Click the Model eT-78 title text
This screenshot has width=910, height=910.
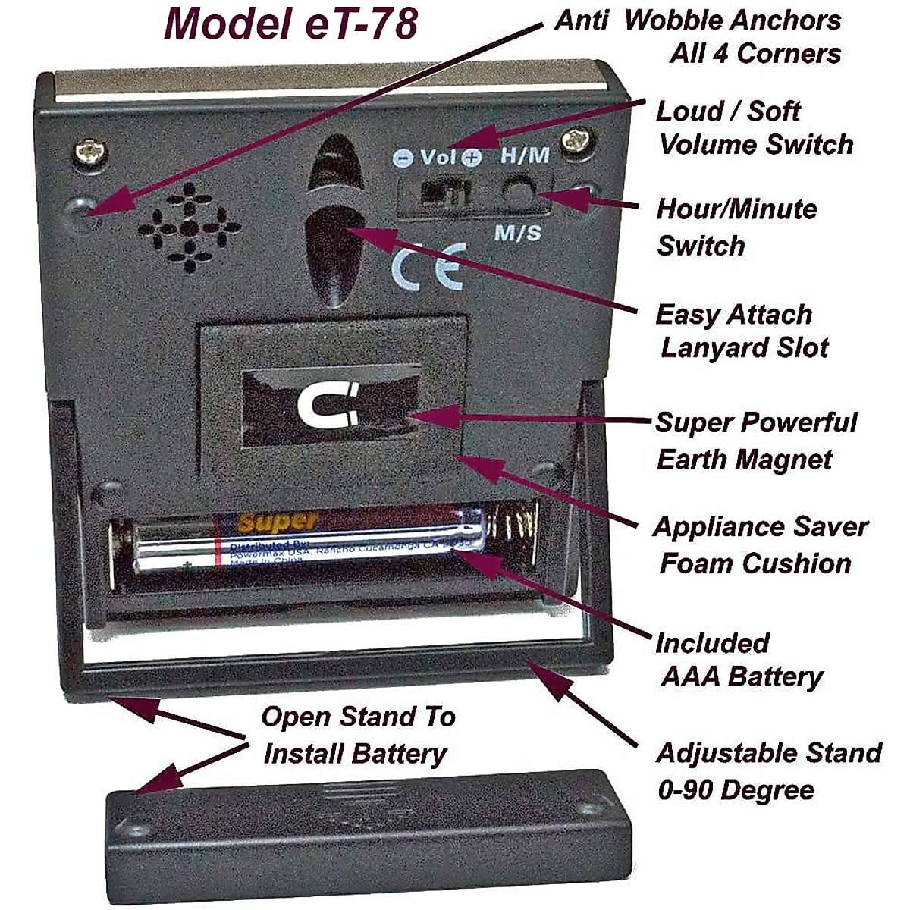click(290, 24)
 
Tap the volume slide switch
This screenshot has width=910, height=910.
click(444, 193)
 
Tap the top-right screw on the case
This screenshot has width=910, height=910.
click(578, 141)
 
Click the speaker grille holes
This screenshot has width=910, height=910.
click(190, 227)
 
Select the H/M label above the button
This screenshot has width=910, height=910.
click(525, 155)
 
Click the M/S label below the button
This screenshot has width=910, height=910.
click(518, 232)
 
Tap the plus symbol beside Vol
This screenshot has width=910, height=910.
click(472, 158)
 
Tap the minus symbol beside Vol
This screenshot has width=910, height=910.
click(403, 158)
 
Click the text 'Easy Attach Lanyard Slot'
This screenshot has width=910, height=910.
click(739, 331)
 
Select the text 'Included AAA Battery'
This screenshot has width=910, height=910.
click(736, 659)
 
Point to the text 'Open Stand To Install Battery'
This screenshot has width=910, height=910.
click(356, 735)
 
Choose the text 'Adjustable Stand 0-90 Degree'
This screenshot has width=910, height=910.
click(766, 771)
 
